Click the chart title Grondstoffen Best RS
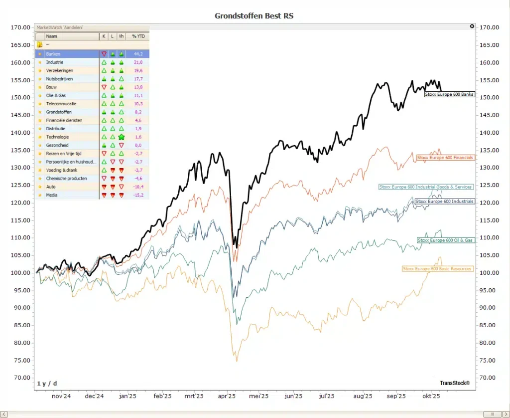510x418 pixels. click(x=254, y=15)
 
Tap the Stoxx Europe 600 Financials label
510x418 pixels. click(x=445, y=158)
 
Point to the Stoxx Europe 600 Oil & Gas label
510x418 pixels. click(x=445, y=240)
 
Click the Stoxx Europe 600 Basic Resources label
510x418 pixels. click(x=437, y=269)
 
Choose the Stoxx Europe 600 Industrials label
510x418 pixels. click(x=444, y=202)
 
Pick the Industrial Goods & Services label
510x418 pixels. click(x=425, y=187)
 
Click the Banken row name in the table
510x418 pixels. click(x=53, y=54)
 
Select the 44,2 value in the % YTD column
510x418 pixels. click(x=138, y=54)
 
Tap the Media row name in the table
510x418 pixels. click(x=51, y=195)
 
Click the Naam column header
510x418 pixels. click(x=51, y=36)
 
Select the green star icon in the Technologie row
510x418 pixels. click(x=121, y=137)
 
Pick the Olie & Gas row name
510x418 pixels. click(x=55, y=95)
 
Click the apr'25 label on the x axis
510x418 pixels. click(x=227, y=397)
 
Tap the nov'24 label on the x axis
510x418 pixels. click(x=61, y=397)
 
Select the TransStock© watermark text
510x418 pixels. click(x=454, y=383)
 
